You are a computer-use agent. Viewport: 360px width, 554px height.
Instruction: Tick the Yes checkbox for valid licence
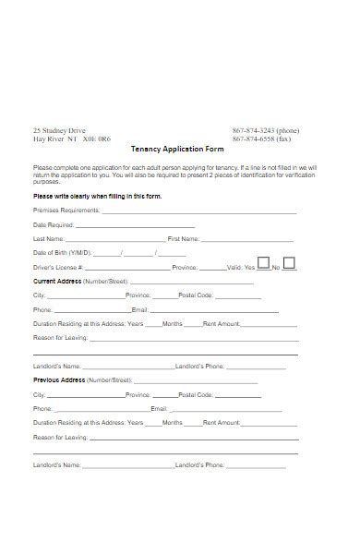pyautogui.click(x=263, y=263)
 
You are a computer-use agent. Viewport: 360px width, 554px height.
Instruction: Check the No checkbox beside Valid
pyautogui.click(x=289, y=263)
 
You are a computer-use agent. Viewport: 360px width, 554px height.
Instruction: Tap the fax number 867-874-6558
pyautogui.click(x=258, y=139)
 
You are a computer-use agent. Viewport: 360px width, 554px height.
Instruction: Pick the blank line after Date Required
pyautogui.click(x=135, y=224)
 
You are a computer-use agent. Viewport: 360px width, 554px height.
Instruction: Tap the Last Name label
pyautogui.click(x=49, y=238)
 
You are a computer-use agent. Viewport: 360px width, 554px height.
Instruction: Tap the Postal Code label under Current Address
pyautogui.click(x=197, y=295)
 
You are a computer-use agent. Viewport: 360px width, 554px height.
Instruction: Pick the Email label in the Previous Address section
pyautogui.click(x=159, y=408)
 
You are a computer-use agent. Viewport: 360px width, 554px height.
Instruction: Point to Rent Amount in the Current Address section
pyautogui.click(x=222, y=323)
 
